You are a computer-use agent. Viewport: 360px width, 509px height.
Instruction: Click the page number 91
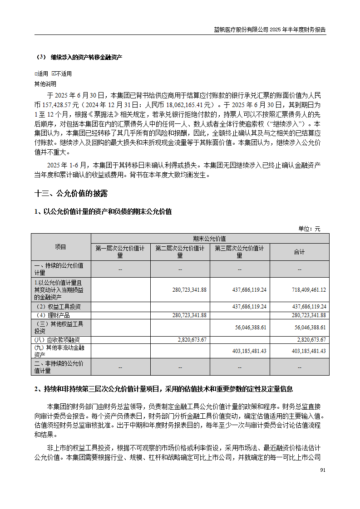pos(322,470)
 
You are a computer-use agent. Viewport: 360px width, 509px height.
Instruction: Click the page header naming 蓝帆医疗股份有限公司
pos(270,29)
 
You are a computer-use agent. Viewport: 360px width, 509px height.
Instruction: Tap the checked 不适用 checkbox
pos(54,74)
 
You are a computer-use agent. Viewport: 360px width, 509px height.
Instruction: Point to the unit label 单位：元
pos(309,229)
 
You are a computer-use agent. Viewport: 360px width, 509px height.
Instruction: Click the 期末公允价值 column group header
pos(210,239)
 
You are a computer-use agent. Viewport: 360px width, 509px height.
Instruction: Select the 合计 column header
pos(299,252)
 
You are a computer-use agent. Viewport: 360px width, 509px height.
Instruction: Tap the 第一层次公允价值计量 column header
pos(120,252)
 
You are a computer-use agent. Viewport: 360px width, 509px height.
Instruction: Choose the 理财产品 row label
pos(54,315)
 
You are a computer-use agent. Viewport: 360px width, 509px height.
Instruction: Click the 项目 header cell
pos(61,247)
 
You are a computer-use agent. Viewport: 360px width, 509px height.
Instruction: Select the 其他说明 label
pos(45,83)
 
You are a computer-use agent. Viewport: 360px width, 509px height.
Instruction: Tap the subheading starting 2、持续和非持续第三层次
pos(163,389)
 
